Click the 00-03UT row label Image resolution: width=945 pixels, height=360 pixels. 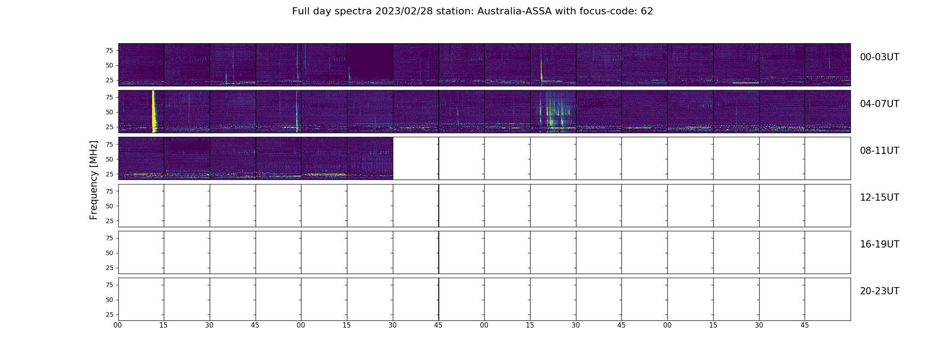click(x=879, y=57)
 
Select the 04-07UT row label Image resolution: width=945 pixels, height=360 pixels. click(x=879, y=104)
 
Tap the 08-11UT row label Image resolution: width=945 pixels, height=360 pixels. click(x=879, y=151)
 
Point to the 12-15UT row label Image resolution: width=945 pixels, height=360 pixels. click(x=879, y=198)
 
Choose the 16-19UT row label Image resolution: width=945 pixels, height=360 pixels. click(x=879, y=244)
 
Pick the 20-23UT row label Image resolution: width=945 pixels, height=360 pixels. click(x=879, y=291)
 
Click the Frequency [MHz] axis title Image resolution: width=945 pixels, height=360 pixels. click(x=94, y=180)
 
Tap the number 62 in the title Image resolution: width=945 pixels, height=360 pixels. click(x=647, y=11)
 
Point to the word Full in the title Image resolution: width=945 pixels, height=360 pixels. click(x=301, y=11)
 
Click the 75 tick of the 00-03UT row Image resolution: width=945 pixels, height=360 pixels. click(x=109, y=50)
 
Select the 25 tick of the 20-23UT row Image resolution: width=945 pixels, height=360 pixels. click(x=109, y=315)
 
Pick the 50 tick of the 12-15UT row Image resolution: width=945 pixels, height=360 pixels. click(x=109, y=206)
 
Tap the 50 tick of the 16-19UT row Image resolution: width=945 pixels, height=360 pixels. click(x=109, y=253)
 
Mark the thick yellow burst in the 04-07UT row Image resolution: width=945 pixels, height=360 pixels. click(x=154, y=111)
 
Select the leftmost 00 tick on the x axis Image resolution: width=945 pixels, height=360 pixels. click(x=118, y=325)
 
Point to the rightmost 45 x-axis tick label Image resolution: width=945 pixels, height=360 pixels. click(x=805, y=325)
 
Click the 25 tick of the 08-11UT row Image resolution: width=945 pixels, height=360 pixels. click(x=109, y=174)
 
